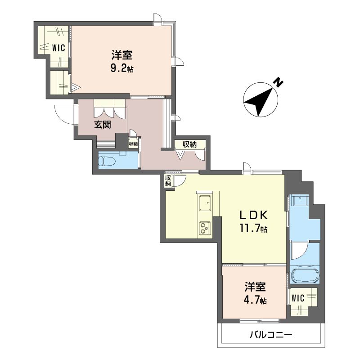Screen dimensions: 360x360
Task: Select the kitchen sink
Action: pyautogui.click(x=205, y=203)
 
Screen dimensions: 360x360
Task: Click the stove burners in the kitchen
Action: pyautogui.click(x=205, y=228)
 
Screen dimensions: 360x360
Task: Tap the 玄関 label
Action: pyautogui.click(x=103, y=125)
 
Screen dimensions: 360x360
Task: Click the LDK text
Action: pyautogui.click(x=253, y=215)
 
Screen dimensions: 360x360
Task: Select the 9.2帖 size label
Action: pyautogui.click(x=122, y=68)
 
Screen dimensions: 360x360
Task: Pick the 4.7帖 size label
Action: pyautogui.click(x=255, y=300)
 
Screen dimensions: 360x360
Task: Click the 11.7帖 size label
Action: pyautogui.click(x=253, y=229)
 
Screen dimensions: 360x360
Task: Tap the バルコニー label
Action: pyautogui.click(x=271, y=334)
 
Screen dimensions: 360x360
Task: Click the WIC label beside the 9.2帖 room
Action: pyautogui.click(x=59, y=48)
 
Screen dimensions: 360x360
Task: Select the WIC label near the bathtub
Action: pyautogui.click(x=298, y=298)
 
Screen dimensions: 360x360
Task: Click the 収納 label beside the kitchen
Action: pyautogui.click(x=168, y=181)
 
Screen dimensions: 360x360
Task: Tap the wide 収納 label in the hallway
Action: pyautogui.click(x=189, y=144)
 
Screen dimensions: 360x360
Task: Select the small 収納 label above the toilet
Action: pyautogui.click(x=133, y=144)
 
